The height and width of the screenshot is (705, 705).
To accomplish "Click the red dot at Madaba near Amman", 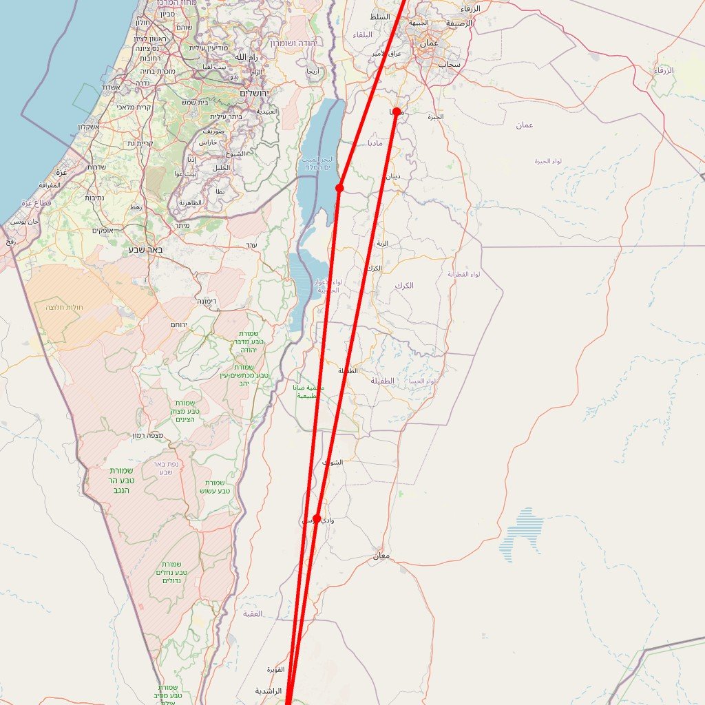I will click(x=397, y=112).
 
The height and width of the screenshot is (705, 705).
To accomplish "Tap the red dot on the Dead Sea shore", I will click(x=339, y=188).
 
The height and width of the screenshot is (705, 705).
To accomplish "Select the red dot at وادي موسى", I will click(x=317, y=518).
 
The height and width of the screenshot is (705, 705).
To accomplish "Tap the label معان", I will click(x=381, y=556).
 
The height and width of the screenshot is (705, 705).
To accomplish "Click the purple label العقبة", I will click(x=253, y=613).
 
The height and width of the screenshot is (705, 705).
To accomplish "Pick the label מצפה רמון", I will click(x=147, y=436).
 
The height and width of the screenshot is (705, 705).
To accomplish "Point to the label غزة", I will click(x=61, y=171).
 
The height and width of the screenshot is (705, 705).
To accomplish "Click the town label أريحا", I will click(x=312, y=71).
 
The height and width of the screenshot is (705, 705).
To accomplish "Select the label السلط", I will click(x=379, y=17).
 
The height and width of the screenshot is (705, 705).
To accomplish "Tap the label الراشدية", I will click(x=269, y=691).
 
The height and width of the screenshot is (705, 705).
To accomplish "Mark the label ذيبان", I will click(x=392, y=176).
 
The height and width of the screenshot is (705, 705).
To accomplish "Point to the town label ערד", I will click(x=251, y=245).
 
